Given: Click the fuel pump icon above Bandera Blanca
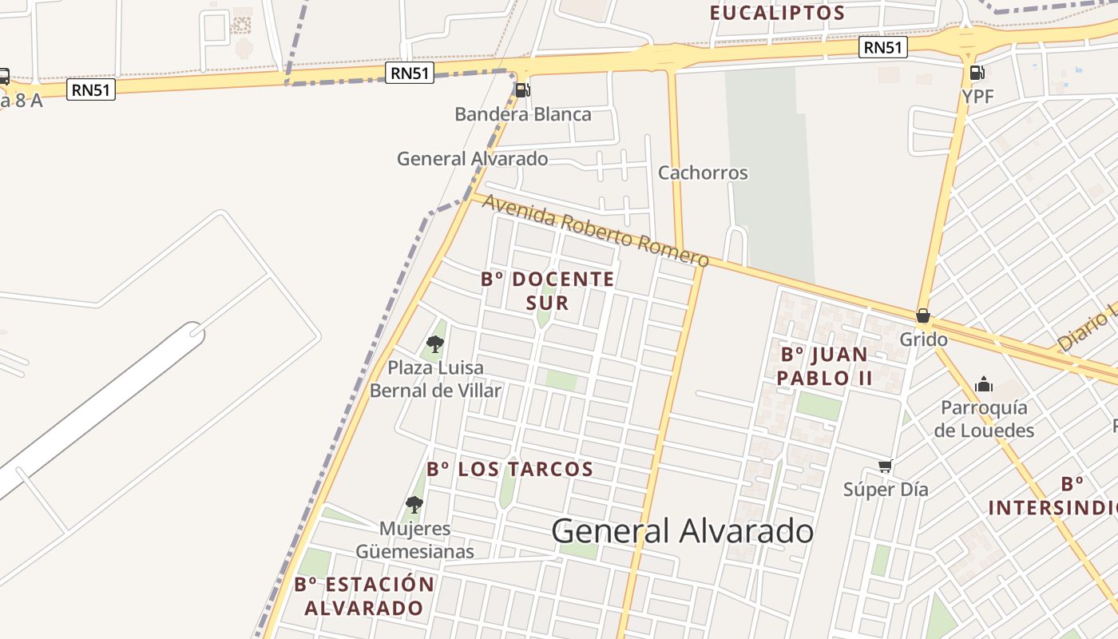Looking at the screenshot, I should [522, 90].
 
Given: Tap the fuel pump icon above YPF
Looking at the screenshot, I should [977, 73].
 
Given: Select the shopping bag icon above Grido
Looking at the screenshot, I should [923, 316].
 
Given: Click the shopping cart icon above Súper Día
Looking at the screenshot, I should [885, 466].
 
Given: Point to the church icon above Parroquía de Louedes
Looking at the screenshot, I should [984, 384].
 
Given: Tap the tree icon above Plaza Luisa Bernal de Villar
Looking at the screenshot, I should [435, 344].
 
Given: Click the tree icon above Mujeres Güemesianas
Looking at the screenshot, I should [414, 504].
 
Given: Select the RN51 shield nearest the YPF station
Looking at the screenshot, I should [883, 48].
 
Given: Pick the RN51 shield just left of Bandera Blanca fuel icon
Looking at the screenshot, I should [410, 73].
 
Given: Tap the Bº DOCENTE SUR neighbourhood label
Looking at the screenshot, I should [548, 291].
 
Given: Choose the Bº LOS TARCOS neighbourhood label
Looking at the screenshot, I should [509, 469].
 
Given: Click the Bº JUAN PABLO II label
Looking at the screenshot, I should [824, 366].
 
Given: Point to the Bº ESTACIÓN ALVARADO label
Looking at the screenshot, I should [364, 596].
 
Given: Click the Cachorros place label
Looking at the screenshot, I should [703, 173].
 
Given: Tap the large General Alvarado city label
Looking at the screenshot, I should [682, 531].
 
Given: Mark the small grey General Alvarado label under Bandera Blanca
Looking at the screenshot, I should [472, 158].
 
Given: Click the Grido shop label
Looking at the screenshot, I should [923, 339].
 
